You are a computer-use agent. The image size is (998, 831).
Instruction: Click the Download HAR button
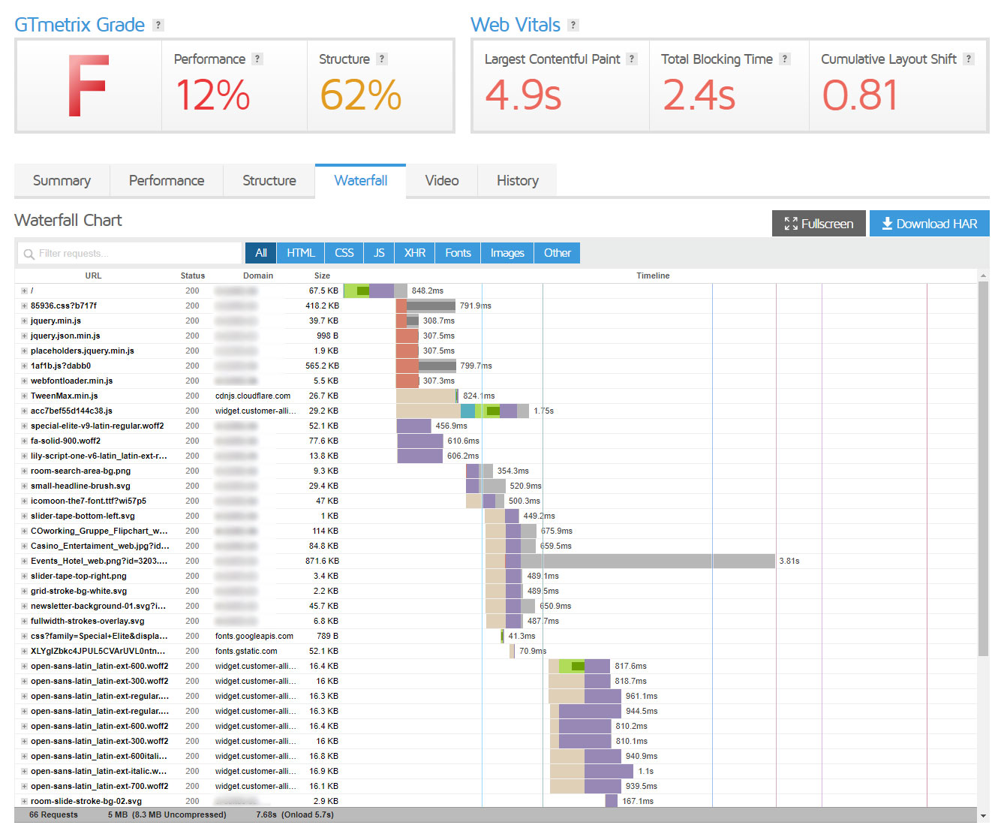tap(929, 224)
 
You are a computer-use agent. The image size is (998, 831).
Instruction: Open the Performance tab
tap(167, 181)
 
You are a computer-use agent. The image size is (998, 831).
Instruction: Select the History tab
tap(517, 181)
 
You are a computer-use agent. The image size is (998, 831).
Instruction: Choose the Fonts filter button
tap(458, 253)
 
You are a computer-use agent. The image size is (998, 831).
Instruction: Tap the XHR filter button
tap(415, 253)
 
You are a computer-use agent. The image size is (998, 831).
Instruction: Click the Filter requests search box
tap(131, 254)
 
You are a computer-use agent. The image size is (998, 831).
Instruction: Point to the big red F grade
tap(89, 86)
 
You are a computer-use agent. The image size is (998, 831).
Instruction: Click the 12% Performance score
tap(212, 96)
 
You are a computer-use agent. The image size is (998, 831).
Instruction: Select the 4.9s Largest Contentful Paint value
tap(523, 96)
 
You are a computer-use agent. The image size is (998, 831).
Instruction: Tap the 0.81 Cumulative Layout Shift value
tap(860, 96)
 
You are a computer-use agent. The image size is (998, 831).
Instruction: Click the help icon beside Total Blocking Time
tap(785, 59)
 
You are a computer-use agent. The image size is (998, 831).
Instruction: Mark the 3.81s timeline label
tap(789, 561)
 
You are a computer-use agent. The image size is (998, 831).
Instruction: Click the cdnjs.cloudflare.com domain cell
tap(253, 396)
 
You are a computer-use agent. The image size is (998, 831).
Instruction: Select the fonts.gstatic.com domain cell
tap(246, 651)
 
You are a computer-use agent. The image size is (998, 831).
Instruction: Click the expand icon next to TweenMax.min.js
tap(24, 396)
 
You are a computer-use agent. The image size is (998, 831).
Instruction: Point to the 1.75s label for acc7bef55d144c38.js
tap(543, 411)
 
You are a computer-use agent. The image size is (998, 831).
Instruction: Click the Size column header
tap(322, 275)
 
